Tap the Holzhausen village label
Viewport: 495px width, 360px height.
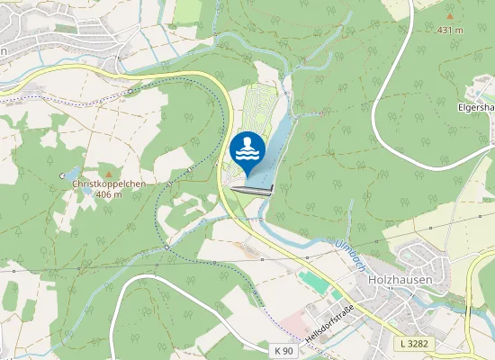(400, 280)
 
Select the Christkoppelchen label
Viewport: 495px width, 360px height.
(109, 183)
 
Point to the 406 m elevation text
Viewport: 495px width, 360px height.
(109, 194)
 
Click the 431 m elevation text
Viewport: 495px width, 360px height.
(449, 30)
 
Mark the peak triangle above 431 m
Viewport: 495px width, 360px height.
(449, 15)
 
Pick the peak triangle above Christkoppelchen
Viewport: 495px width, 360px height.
(109, 172)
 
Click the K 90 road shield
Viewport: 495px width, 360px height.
(283, 347)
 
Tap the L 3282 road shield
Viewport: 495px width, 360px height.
(413, 344)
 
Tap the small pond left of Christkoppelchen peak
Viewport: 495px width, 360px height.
(73, 170)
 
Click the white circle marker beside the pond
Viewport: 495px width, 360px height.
(62, 174)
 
